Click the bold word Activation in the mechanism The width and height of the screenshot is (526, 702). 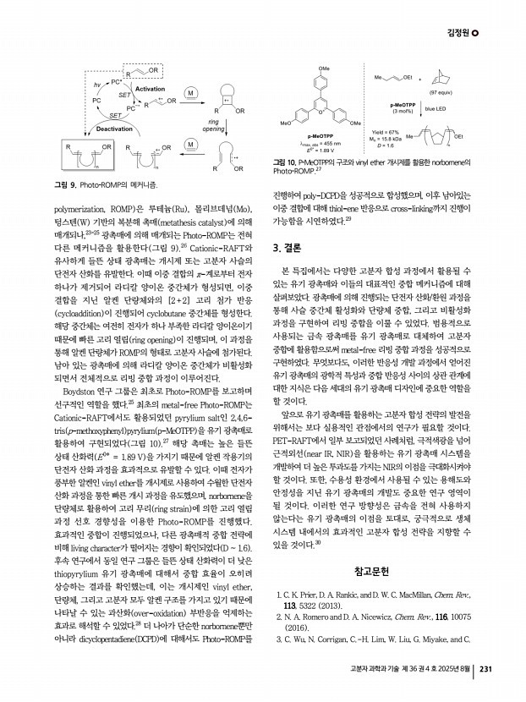150,88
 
